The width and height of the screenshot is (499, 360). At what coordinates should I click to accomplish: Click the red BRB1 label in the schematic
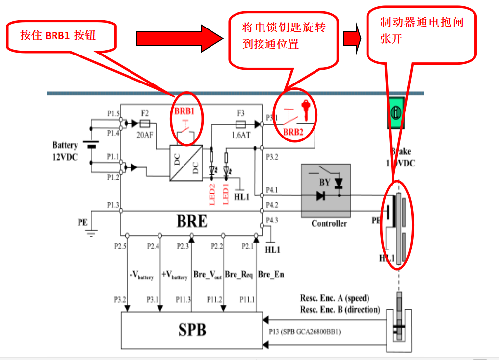coord(184,111)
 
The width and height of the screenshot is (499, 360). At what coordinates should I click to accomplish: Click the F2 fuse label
coord(145,112)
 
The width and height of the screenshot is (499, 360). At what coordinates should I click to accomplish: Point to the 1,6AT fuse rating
coord(241,134)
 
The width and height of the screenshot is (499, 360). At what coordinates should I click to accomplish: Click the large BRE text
coord(192,222)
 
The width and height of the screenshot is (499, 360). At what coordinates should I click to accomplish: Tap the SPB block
coord(192,330)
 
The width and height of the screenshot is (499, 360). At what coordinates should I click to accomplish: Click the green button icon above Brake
coord(396,112)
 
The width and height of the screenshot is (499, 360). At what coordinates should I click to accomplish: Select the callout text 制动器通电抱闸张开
coord(421,30)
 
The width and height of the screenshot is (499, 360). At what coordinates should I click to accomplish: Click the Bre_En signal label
coord(271,274)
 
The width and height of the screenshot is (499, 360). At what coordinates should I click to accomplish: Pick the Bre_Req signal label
coord(238,274)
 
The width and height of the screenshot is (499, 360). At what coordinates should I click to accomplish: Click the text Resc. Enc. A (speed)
coord(335,298)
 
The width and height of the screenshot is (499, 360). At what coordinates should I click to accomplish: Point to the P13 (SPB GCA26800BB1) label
coord(305,332)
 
